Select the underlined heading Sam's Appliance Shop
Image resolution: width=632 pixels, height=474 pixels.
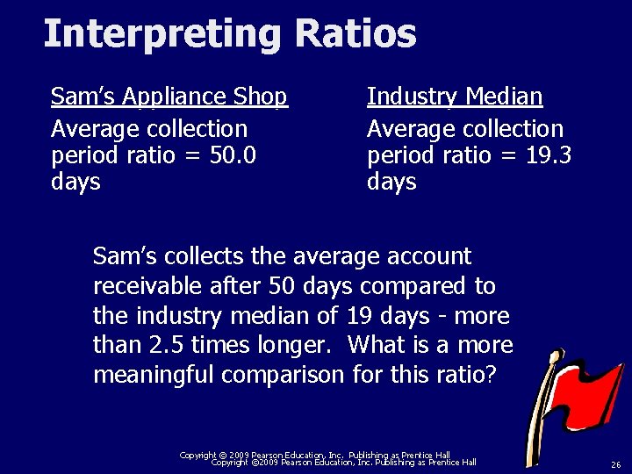(x=169, y=97)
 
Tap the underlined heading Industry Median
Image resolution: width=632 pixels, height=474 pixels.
(x=455, y=97)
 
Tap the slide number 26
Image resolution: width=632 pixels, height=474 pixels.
(x=615, y=464)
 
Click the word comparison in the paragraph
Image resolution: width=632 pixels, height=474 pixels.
(x=284, y=374)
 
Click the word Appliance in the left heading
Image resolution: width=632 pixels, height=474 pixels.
(x=179, y=97)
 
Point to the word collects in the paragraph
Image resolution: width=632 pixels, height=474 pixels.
(x=197, y=257)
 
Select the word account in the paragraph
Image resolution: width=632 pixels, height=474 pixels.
(x=427, y=257)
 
